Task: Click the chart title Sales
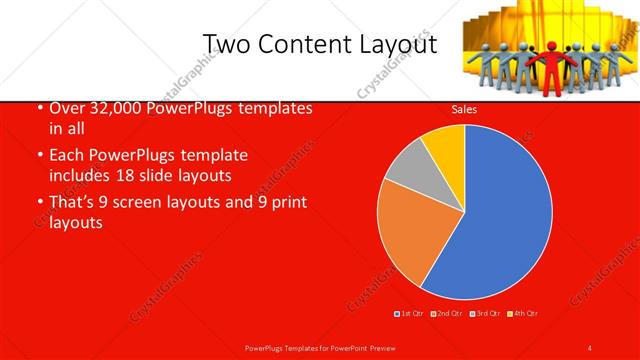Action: click(463, 109)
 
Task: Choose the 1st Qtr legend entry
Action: click(411, 314)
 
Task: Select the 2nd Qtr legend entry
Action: click(446, 314)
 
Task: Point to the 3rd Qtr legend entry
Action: click(485, 314)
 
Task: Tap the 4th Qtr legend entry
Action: click(523, 314)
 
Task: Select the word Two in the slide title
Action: click(228, 45)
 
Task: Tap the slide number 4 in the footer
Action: click(590, 347)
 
